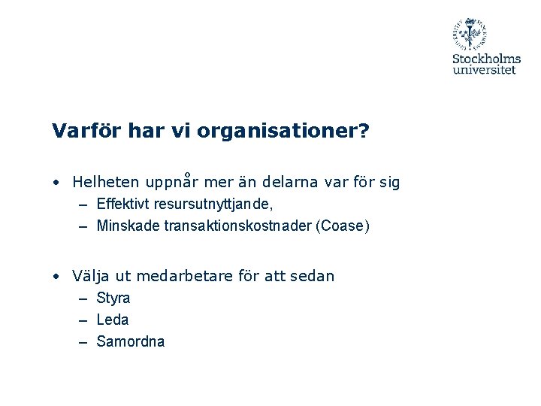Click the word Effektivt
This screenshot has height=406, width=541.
[122, 205]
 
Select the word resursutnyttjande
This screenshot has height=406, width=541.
[210, 205]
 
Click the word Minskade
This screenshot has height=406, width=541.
[125, 226]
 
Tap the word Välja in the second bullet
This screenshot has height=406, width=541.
[89, 276]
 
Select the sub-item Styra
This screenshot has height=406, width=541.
[113, 298]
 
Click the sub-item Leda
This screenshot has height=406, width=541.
[113, 320]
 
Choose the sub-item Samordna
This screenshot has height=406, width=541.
[131, 341]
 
